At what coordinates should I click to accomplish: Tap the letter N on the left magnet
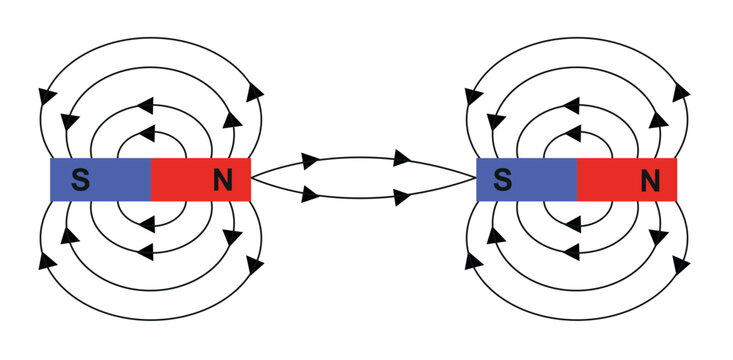click(x=223, y=180)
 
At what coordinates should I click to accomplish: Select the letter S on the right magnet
click(x=504, y=180)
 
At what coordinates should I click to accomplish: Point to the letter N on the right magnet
click(x=650, y=180)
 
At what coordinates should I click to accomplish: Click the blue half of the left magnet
click(x=110, y=180)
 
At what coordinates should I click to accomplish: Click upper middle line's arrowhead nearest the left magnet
click(x=310, y=160)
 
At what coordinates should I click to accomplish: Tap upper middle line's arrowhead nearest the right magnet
click(x=402, y=158)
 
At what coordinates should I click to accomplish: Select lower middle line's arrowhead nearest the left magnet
click(x=310, y=194)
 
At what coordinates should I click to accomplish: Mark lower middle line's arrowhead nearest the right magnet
click(x=402, y=197)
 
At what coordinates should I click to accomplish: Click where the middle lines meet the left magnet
click(x=252, y=178)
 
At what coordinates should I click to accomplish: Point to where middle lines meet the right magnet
click(x=476, y=178)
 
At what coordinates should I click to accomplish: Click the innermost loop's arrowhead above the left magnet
click(x=147, y=131)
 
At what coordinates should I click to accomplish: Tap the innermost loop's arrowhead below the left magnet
click(x=147, y=226)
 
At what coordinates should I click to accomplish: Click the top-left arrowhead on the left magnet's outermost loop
click(x=45, y=97)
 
